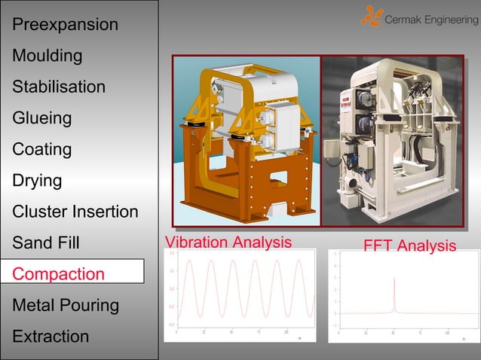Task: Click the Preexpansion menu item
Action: pos(65,25)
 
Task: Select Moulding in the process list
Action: pos(47,56)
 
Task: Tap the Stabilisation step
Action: pos(59,87)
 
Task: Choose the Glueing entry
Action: pos(42,118)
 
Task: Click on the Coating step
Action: pos(42,149)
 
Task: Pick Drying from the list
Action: pos(37,181)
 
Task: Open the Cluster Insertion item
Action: pos(75,212)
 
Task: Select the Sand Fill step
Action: pos(46,243)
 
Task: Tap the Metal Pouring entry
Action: pos(66,305)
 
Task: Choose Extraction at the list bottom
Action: pos(51,336)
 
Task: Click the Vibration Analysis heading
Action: pos(228,243)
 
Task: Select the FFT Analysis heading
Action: pos(409,246)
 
